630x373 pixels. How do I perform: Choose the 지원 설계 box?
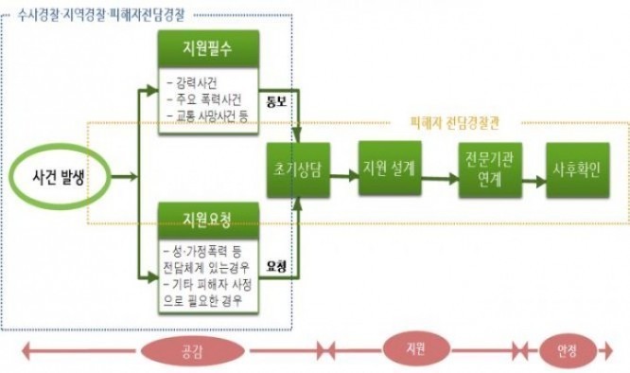[390, 170]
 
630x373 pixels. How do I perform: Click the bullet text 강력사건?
[195, 83]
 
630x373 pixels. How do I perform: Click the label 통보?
[277, 101]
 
